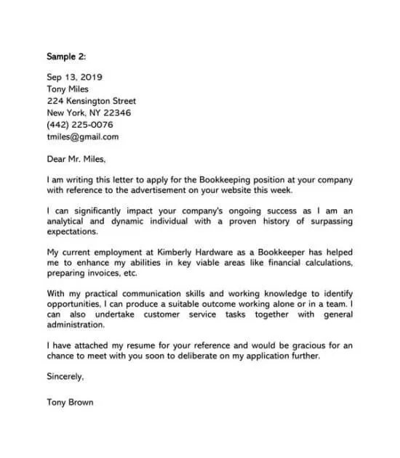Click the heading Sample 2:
(67, 56)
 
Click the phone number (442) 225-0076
(80, 125)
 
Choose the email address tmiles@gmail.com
(82, 136)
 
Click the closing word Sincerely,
(65, 377)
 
